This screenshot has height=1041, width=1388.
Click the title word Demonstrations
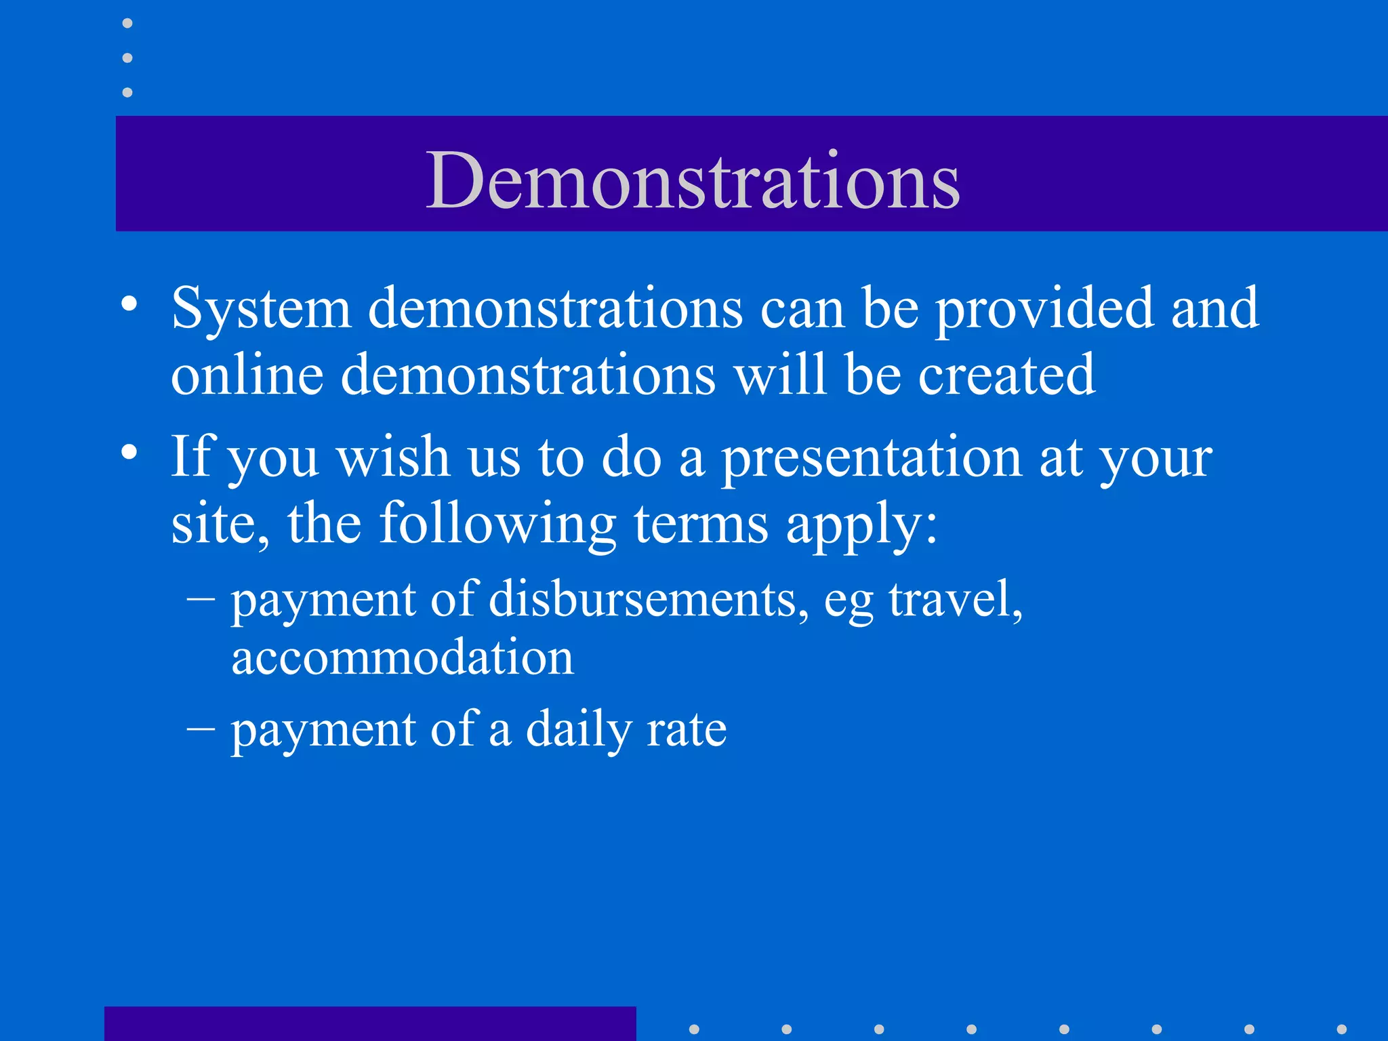click(692, 180)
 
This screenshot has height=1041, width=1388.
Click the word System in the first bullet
click(261, 309)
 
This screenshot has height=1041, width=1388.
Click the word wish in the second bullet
click(393, 457)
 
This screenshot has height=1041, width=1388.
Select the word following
click(497, 524)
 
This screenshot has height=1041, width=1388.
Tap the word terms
click(701, 524)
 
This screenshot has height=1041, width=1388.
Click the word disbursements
click(647, 600)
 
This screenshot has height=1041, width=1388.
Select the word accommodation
click(403, 657)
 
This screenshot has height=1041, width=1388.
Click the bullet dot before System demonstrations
click(129, 304)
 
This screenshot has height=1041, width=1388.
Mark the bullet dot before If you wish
click(129, 452)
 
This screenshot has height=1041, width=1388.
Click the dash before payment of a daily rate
click(201, 731)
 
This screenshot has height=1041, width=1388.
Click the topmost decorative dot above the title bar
click(127, 24)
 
